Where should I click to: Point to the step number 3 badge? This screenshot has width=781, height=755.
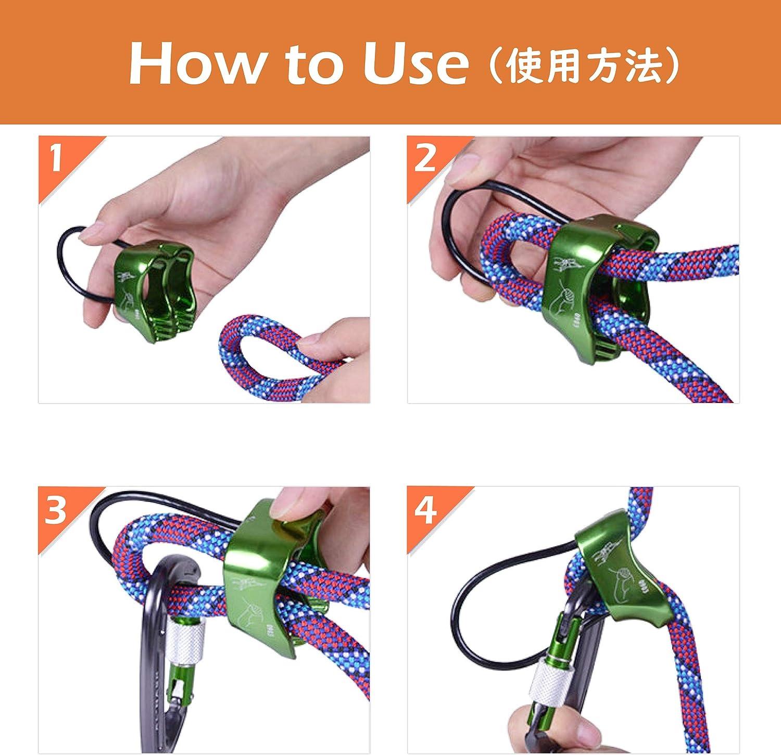click(x=56, y=510)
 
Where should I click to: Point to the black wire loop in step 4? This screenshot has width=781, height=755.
click(x=469, y=614)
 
